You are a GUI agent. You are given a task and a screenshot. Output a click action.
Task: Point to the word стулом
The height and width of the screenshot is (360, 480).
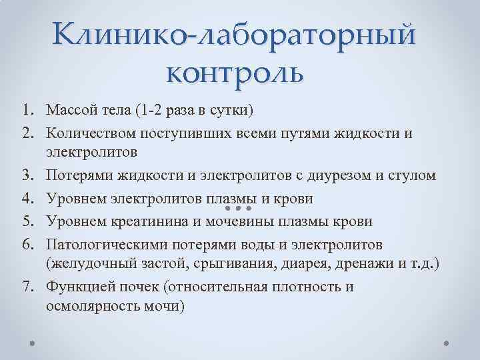tap(413, 175)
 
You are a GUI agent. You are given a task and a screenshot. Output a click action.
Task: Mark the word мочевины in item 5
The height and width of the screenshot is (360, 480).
tap(233, 220)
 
